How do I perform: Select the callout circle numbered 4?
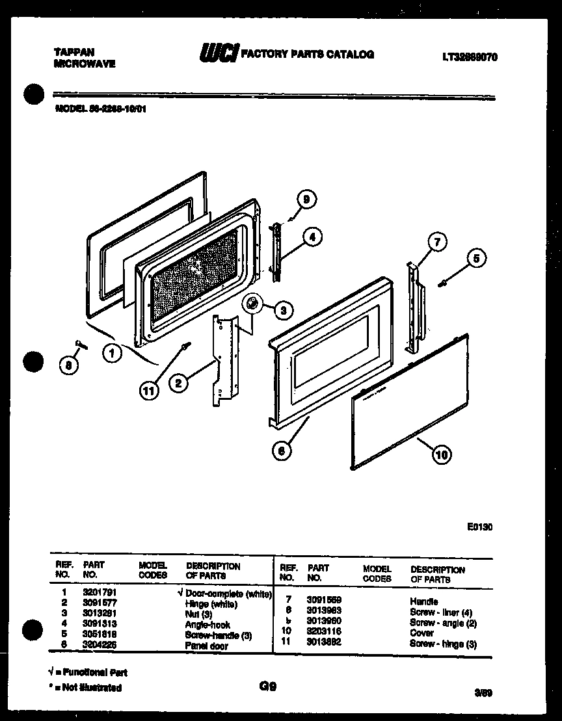(x=312, y=237)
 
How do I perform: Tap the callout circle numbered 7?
(x=437, y=243)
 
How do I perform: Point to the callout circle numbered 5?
(x=475, y=258)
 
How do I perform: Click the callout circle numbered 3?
(x=282, y=311)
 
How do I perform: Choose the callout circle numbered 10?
(x=442, y=455)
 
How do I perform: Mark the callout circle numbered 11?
(x=150, y=390)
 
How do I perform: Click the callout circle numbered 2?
(x=178, y=383)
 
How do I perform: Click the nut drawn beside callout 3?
(x=252, y=304)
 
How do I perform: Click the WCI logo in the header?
(x=218, y=55)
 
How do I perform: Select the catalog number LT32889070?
(x=470, y=57)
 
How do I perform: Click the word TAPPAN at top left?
(x=72, y=52)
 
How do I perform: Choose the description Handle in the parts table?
(x=424, y=601)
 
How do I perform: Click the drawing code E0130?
(x=479, y=527)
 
